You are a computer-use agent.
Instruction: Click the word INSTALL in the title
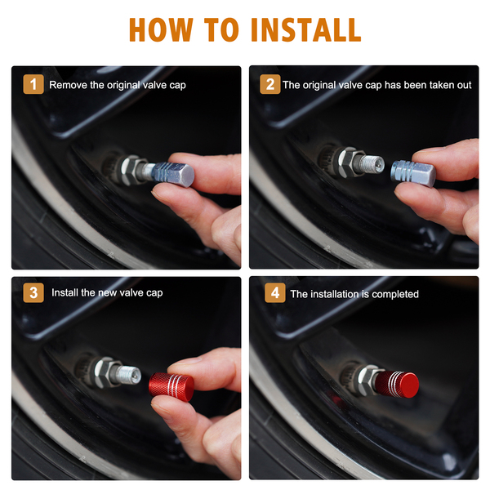tap(305, 29)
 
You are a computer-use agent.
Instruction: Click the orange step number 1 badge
tap(33, 84)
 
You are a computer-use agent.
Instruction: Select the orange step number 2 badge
tap(270, 84)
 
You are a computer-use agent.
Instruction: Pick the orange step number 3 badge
tap(33, 292)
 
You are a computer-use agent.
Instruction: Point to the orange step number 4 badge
tap(275, 293)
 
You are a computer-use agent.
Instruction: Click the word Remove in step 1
tap(68, 85)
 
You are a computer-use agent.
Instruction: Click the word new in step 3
tap(108, 293)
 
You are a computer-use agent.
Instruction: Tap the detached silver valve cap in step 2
tap(413, 173)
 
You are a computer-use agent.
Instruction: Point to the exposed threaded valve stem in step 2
tap(372, 164)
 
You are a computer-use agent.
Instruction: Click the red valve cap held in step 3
tap(171, 387)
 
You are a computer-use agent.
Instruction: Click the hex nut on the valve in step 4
tap(368, 380)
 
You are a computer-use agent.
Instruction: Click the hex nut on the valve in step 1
tap(132, 171)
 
